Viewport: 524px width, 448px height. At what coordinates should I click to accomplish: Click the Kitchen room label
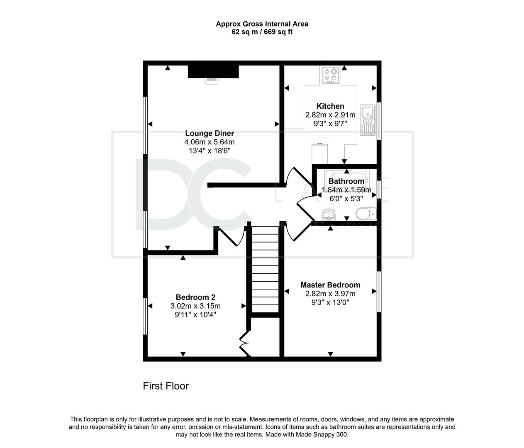[x=330, y=106]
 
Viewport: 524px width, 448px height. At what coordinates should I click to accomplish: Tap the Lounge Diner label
[x=210, y=133]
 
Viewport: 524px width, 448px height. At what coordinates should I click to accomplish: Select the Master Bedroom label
[x=330, y=285]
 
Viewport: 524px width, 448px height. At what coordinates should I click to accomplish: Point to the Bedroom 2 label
[x=195, y=297]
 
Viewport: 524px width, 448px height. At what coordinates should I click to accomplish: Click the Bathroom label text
[x=346, y=181]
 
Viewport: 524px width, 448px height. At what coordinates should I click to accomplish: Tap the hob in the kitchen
[x=331, y=75]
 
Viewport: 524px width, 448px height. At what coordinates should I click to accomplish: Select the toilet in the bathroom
[x=366, y=214]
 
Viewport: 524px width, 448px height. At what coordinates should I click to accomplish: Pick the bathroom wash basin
[x=329, y=215]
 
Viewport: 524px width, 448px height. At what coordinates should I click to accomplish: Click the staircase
[x=265, y=270]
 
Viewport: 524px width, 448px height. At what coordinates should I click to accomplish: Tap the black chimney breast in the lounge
[x=213, y=71]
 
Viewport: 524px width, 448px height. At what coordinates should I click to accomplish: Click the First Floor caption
[x=166, y=386]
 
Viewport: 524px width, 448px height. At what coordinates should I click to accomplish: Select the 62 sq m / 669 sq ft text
[x=262, y=32]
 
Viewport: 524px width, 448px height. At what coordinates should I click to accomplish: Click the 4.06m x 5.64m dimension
[x=210, y=142]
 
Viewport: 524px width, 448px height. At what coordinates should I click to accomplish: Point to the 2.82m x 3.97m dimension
[x=330, y=294]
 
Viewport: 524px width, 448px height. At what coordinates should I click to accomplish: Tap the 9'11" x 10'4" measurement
[x=195, y=315]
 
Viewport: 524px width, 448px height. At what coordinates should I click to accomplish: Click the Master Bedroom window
[x=379, y=292]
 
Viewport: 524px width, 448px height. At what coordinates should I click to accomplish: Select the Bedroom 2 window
[x=145, y=316]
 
